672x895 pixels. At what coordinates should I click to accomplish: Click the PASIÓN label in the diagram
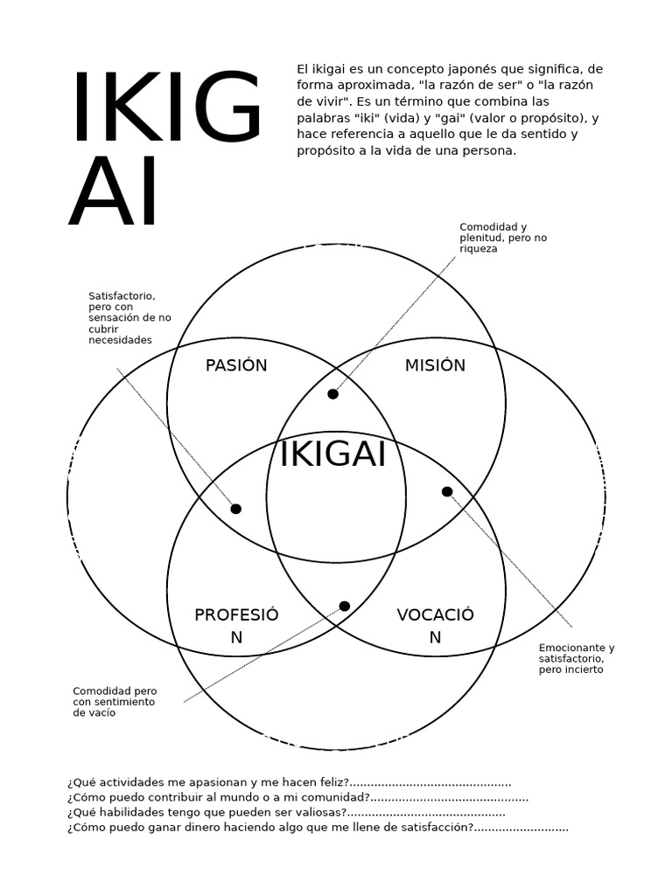(x=236, y=365)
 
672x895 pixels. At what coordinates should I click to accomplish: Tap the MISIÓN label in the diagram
(x=435, y=365)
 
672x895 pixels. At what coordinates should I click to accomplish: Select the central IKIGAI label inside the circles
(x=332, y=454)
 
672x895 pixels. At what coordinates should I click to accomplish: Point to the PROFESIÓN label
(x=236, y=626)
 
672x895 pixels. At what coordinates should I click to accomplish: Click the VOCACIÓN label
(x=436, y=626)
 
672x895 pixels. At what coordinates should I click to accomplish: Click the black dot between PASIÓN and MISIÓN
(x=333, y=394)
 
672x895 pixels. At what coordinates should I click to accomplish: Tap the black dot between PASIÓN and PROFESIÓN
(x=236, y=509)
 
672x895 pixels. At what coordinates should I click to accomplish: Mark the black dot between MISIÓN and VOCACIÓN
(x=447, y=491)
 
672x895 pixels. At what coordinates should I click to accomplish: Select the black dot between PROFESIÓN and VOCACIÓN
(x=345, y=606)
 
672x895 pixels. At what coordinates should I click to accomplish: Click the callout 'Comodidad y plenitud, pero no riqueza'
(x=503, y=238)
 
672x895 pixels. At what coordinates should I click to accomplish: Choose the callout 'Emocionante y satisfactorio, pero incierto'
(x=577, y=658)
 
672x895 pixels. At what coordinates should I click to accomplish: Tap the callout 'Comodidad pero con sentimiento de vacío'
(x=115, y=702)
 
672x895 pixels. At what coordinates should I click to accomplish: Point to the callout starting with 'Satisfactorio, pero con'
(x=129, y=318)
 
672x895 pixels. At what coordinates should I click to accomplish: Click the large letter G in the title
(x=227, y=106)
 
